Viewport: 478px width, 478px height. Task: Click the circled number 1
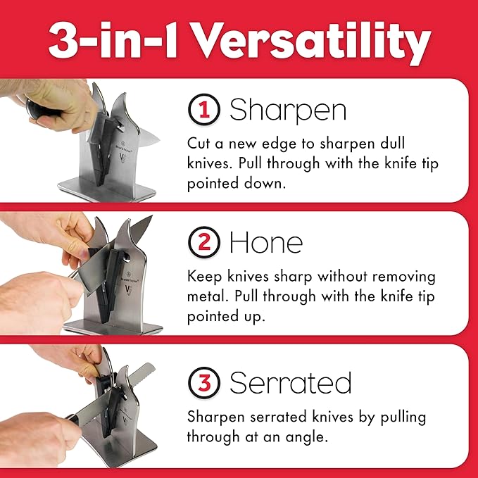(x=203, y=110)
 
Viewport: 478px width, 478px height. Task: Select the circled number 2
(x=203, y=243)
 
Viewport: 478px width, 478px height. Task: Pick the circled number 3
(x=203, y=384)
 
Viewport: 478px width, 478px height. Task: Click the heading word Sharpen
(x=289, y=111)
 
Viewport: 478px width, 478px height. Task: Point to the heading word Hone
(x=266, y=243)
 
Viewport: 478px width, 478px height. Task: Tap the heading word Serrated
(x=291, y=384)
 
